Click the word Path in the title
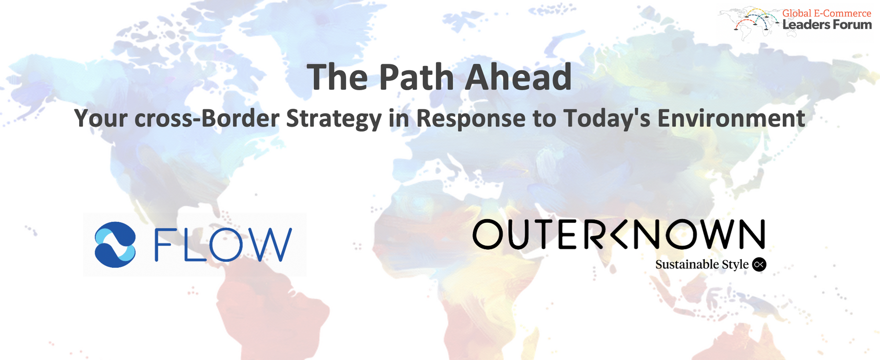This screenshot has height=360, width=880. [416, 77]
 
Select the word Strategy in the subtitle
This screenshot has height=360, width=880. [334, 119]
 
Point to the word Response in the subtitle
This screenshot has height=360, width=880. [471, 119]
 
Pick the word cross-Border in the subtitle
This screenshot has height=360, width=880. [207, 119]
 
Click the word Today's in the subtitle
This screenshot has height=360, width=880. [607, 119]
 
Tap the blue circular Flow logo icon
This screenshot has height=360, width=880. [115, 245]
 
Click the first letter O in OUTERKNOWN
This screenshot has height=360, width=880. [488, 234]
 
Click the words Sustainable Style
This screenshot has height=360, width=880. [702, 264]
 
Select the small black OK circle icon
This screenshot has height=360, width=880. [759, 264]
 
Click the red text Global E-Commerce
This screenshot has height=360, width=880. [827, 13]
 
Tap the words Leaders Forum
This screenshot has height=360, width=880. [827, 25]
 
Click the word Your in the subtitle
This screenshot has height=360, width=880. [101, 119]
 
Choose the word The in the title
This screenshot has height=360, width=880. [337, 77]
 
